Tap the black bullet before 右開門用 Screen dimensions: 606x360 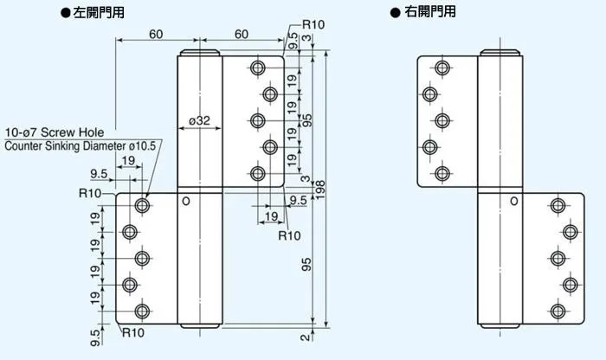coord(395,13)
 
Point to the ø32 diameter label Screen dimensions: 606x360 coord(199,120)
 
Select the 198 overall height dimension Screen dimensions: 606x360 coord(320,190)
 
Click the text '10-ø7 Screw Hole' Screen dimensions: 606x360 coord(55,132)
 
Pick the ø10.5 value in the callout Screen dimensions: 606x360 coord(142,146)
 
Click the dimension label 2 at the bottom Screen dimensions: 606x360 coord(306,337)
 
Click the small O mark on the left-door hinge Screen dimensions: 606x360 coord(186,202)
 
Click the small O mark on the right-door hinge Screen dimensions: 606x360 coord(514,202)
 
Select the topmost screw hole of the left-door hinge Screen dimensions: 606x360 coord(257,68)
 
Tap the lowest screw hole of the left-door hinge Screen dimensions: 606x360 coord(142,312)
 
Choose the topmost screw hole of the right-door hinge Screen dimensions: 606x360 coord(442,68)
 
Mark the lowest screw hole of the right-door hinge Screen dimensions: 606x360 coord(558,312)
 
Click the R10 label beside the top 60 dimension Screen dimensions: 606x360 coord(313,25)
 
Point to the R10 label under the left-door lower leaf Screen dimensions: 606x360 coord(133,332)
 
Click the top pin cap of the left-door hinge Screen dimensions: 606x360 coord(200,53)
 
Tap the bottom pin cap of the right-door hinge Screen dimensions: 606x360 coord(500,326)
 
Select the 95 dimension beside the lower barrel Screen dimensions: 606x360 coord(306,265)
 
